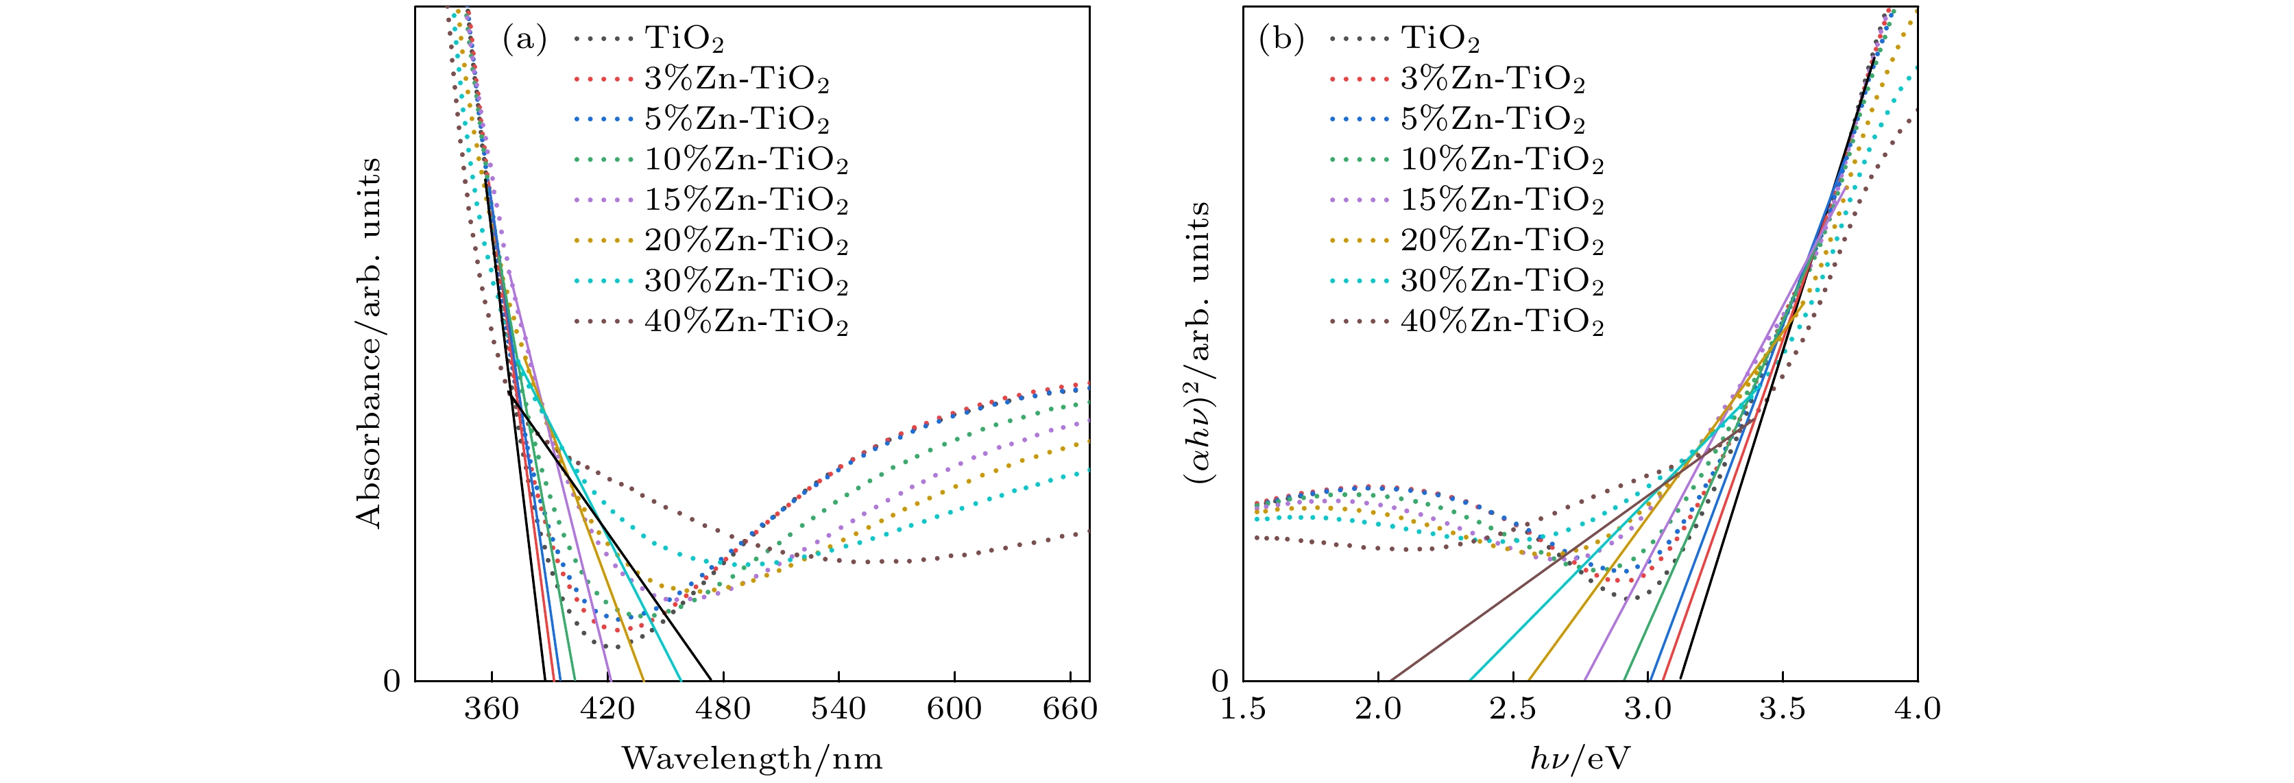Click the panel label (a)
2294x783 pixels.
click(x=524, y=39)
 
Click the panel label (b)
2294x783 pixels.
click(x=1281, y=39)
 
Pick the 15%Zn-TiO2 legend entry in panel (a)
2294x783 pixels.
click(x=745, y=200)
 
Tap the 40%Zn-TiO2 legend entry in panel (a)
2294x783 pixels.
click(x=745, y=321)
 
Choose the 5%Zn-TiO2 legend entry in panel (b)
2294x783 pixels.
click(x=1493, y=119)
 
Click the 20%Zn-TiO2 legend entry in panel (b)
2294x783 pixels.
click(x=1501, y=241)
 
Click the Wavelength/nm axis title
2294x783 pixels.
click(x=753, y=758)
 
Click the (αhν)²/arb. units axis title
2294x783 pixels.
click(x=1198, y=343)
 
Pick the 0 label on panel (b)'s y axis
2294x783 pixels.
click(x=1221, y=682)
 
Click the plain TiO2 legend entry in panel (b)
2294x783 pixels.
click(x=1440, y=39)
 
